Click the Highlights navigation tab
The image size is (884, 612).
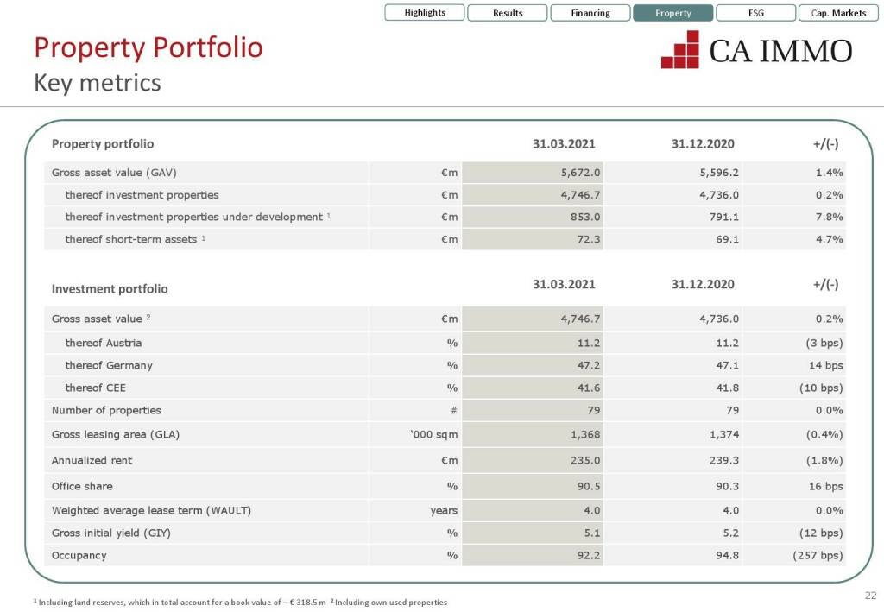coord(425,13)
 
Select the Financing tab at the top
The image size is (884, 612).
coord(590,13)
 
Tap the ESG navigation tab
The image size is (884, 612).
coord(755,13)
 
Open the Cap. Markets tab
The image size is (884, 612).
coord(838,13)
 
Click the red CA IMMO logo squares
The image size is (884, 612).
coord(680,49)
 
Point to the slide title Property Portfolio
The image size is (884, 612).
coord(148,47)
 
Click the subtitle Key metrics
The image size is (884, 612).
coord(97,83)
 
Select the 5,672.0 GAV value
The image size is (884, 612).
coord(580,172)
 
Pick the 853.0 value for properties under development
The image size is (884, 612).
coord(586,217)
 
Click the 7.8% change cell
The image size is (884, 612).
coord(829,217)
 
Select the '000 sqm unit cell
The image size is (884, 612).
coord(433,434)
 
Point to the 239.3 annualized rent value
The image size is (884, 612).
coord(723,460)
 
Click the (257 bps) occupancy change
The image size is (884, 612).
coord(818,555)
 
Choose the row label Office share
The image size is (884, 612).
coord(82,486)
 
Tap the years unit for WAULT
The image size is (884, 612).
coord(444,510)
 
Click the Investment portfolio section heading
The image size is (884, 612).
coord(110,288)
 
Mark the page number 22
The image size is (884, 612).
coord(870,595)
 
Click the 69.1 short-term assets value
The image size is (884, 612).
coord(727,239)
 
